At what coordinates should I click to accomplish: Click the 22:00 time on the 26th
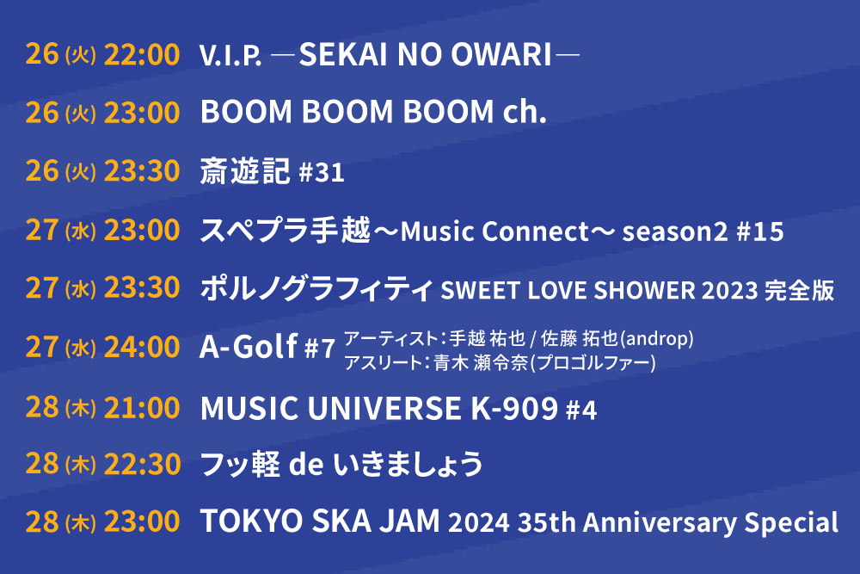[142, 54]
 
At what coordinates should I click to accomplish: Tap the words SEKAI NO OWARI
[425, 54]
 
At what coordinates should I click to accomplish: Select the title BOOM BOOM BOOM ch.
[373, 112]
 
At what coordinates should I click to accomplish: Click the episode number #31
[322, 172]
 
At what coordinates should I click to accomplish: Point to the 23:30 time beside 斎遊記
[142, 170]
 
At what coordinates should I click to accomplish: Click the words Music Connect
[494, 231]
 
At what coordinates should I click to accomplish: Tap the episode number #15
[759, 231]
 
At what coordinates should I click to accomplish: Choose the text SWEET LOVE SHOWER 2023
[599, 290]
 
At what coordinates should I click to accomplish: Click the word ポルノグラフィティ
[317, 288]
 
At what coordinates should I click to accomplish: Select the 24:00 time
[142, 348]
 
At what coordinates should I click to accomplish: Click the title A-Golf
[249, 347]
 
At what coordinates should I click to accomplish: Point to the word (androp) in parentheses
[656, 338]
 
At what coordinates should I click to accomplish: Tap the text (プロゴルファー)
[593, 362]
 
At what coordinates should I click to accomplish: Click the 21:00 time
[142, 408]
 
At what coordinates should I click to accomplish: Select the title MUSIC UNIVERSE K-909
[379, 408]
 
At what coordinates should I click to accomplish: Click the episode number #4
[581, 410]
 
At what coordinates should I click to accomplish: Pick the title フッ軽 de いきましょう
[341, 464]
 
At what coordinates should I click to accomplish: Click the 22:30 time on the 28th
[142, 464]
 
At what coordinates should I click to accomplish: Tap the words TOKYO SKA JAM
[320, 521]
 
